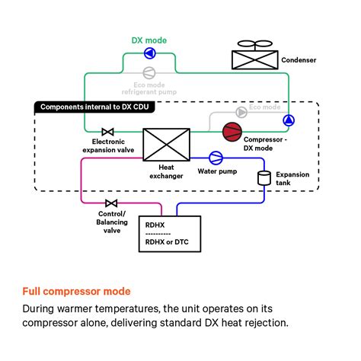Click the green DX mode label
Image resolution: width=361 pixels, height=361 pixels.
pyautogui.click(x=149, y=40)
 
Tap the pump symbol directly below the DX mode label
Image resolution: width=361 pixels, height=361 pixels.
pyautogui.click(x=149, y=54)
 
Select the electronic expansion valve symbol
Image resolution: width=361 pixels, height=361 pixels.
pyautogui.click(x=107, y=132)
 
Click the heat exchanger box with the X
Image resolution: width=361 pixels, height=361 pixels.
pyautogui.click(x=166, y=144)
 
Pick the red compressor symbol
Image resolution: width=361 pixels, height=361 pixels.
pyautogui.click(x=231, y=131)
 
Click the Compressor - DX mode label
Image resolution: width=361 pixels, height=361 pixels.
pyautogui.click(x=265, y=143)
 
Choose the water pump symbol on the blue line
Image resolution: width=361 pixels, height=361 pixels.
pyautogui.click(x=216, y=158)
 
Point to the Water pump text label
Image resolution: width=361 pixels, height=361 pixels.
pyautogui.click(x=217, y=171)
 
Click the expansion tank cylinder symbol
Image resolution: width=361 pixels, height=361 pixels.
pyautogui.click(x=264, y=177)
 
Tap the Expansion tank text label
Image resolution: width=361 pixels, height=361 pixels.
pyautogui.click(x=292, y=178)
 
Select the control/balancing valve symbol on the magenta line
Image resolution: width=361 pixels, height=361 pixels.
pyautogui.click(x=111, y=203)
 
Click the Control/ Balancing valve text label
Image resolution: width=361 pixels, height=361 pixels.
pyautogui.click(x=111, y=222)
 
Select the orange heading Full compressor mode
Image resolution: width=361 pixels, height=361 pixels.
pyautogui.click(x=76, y=291)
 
